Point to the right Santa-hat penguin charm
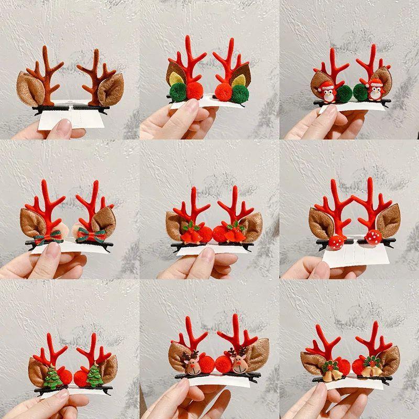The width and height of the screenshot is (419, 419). click(x=374, y=92)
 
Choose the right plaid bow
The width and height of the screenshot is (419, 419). click(x=91, y=237)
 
